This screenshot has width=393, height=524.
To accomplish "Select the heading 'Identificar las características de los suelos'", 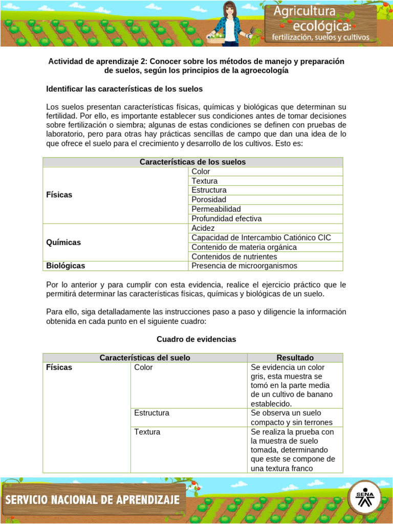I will pyautogui.click(x=124, y=89).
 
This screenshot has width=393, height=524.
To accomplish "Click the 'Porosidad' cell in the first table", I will pyautogui.click(x=209, y=200).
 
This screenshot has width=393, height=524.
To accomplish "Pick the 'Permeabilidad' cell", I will pyautogui.click(x=216, y=209).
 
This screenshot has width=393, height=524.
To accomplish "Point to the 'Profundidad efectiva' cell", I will pyautogui.click(x=226, y=219).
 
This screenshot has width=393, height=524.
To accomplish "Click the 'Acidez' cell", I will pyautogui.click(x=203, y=228).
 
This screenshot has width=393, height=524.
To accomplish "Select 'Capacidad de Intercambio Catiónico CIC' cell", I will pyautogui.click(x=261, y=237).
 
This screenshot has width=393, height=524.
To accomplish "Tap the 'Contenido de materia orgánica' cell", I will pyautogui.click(x=244, y=247).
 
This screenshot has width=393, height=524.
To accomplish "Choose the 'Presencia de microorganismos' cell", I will pyautogui.click(x=244, y=266).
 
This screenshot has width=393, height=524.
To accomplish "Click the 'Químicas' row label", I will pyautogui.click(x=63, y=243).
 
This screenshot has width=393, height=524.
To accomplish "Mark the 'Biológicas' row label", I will pyautogui.click(x=65, y=266).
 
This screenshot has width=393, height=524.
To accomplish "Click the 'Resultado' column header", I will pyautogui.click(x=295, y=358).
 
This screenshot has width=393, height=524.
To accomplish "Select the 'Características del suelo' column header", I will pyautogui.click(x=145, y=358).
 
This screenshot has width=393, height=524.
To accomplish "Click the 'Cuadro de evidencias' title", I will pyautogui.click(x=196, y=339).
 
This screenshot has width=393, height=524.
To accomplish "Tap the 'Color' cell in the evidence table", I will pyautogui.click(x=143, y=367).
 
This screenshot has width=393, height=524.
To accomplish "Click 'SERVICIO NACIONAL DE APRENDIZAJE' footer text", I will pyautogui.click(x=93, y=499).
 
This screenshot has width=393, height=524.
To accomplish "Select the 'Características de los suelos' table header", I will pyautogui.click(x=192, y=162).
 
